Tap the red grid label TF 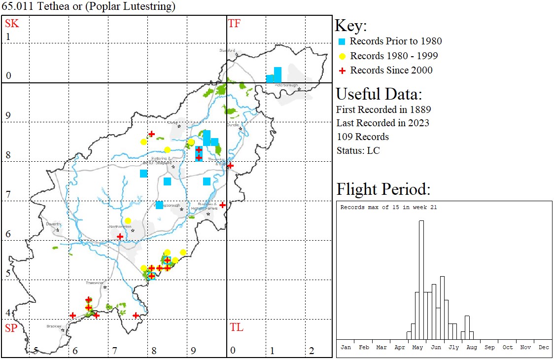[234, 23]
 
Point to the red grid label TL [236, 327]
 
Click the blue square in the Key [342, 41]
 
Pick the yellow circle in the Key [342, 56]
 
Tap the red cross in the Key [342, 71]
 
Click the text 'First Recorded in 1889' [383, 109]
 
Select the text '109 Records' [363, 137]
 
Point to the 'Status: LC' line [358, 150]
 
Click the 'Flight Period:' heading [383, 189]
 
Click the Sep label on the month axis [489, 347]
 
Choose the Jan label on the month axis [346, 347]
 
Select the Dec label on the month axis [544, 347]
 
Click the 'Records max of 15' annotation [388, 207]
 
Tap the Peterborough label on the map [287, 85]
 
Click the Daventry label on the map [53, 224]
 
